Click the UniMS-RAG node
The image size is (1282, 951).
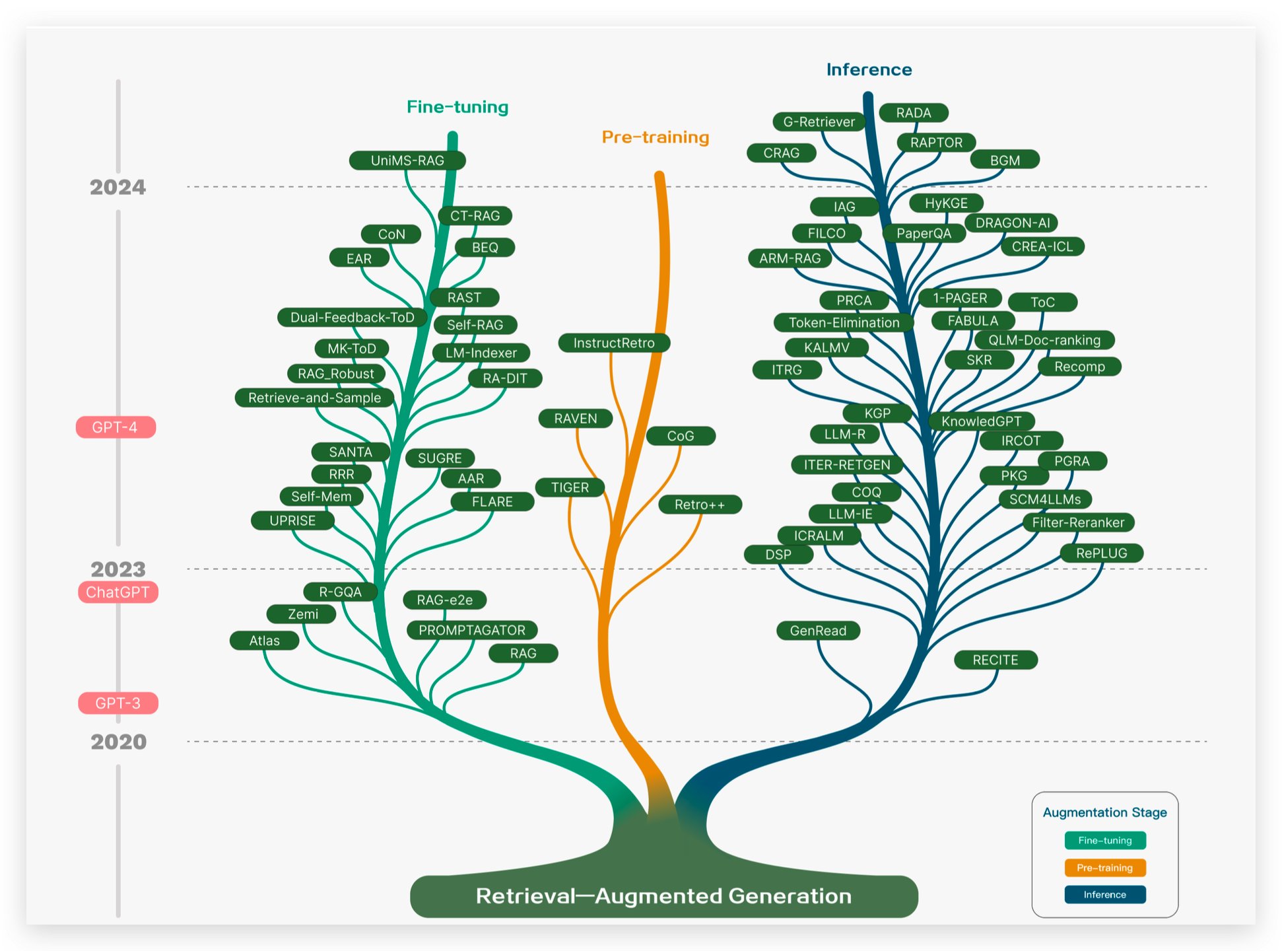[x=407, y=160]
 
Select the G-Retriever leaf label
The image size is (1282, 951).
[x=819, y=122]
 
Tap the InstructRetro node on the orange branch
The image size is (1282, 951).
[x=614, y=343]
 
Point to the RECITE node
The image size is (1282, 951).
[x=995, y=660]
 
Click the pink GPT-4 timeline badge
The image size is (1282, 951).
[x=116, y=427]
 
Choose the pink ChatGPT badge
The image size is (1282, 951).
[x=118, y=592]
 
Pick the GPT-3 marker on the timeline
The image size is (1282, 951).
[x=118, y=703]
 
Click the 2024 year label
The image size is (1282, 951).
[x=118, y=188]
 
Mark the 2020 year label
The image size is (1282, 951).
[x=119, y=742]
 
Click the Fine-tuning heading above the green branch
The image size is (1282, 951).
[x=457, y=107]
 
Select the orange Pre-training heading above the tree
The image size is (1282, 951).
[x=656, y=137]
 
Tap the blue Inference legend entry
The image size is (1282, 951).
[x=1105, y=895]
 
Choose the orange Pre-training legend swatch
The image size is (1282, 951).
[x=1105, y=868]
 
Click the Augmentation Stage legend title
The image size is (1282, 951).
[x=1105, y=812]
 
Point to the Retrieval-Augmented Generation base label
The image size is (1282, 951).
[x=664, y=896]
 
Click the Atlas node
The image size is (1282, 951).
[x=264, y=641]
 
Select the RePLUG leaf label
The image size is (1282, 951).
[x=1102, y=553]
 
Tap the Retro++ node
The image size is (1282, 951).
[x=700, y=505]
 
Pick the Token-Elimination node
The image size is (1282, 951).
[x=844, y=322]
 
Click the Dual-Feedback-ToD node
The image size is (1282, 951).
[x=353, y=318]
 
